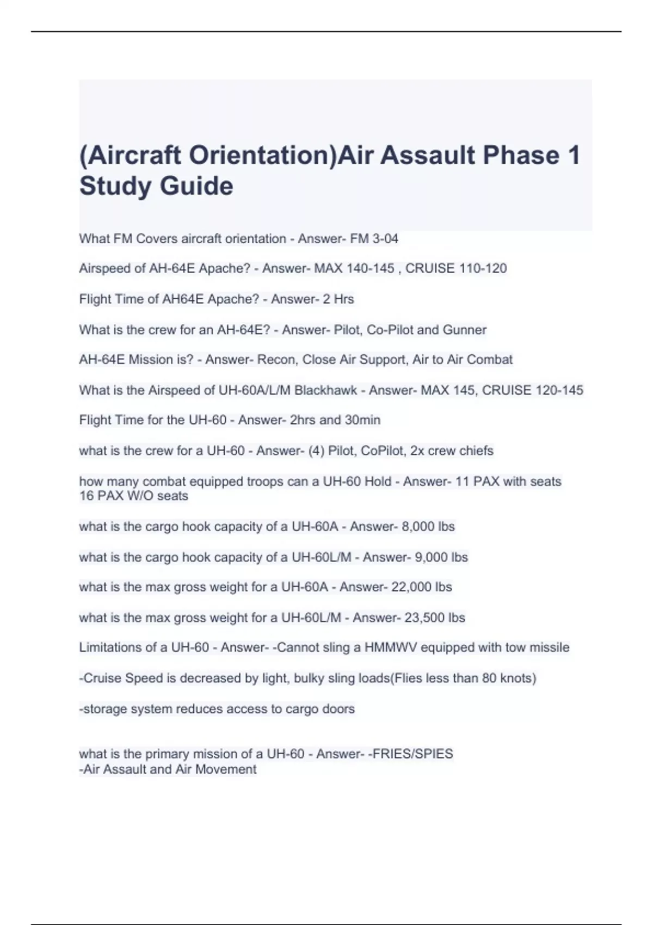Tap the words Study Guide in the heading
pyautogui.click(x=156, y=186)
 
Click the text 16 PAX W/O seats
pyautogui.click(x=134, y=496)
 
